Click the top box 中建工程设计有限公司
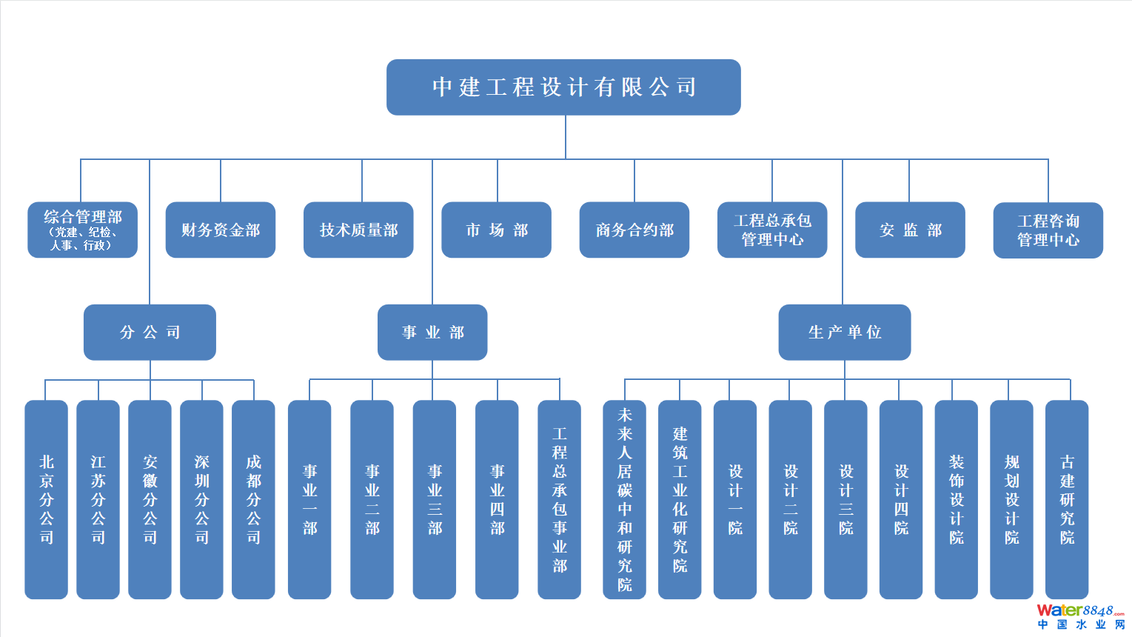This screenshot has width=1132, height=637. pos(563,87)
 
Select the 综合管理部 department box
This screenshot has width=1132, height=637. pos(82,230)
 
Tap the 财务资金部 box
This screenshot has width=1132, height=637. pos(221,230)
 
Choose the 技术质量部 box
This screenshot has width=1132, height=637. pos(358,230)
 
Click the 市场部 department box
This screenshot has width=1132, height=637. pos(496,230)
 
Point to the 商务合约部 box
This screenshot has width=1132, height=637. pos(634,230)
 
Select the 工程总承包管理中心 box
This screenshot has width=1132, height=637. pos(772,230)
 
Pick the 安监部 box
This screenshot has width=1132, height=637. pos(910,230)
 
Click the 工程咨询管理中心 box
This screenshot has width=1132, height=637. pos(1048,230)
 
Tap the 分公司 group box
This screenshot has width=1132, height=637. pos(150,333)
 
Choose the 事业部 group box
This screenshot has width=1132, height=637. pos(432,333)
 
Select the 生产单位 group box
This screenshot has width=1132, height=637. pos(845,333)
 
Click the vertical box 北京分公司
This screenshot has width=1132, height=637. pos(46,500)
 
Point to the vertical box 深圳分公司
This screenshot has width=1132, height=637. pos(201,500)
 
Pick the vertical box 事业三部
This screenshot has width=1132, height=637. pos(435,500)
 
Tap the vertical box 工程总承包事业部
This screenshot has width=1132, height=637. pos(560,500)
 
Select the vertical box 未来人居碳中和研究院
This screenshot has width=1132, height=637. pos(625,500)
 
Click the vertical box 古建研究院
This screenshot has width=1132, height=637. pos(1067,500)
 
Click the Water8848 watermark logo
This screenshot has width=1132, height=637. pos(1080,616)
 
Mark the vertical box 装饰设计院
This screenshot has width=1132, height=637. pos(957,500)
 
